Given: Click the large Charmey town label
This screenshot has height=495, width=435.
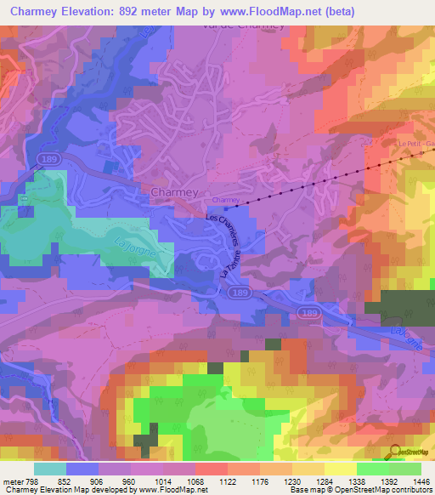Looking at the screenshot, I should coord(174,192).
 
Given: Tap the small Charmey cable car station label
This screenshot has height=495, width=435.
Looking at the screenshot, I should coord(226,201).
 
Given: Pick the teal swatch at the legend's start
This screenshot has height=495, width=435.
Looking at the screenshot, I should coord(49,468).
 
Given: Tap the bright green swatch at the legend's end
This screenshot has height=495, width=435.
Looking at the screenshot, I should coord(404,468).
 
